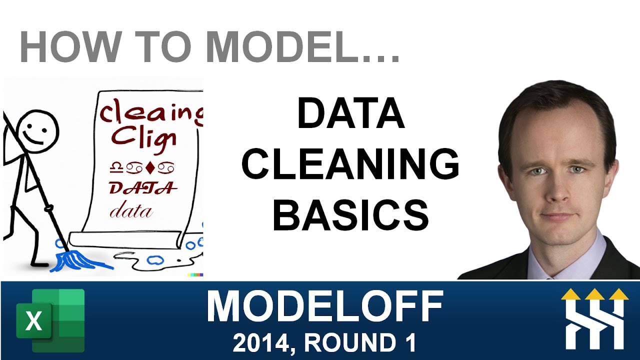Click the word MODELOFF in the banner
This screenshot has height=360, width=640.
[x=325, y=306]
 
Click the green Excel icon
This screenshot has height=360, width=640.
[x=50, y=320]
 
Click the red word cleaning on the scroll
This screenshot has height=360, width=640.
[x=150, y=112]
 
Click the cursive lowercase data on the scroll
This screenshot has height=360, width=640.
[x=131, y=211]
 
